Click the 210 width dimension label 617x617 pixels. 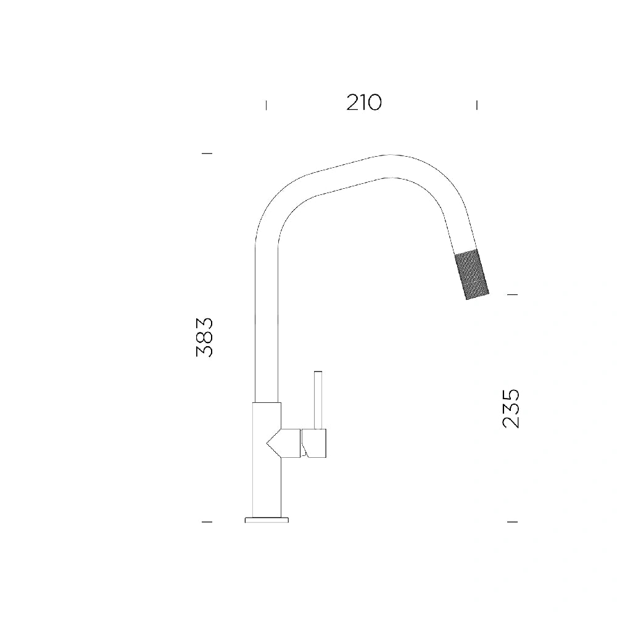pos(364,102)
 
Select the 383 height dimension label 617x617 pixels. pos(205,337)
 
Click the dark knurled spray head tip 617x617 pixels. pos(471,275)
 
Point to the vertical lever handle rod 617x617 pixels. pos(318,400)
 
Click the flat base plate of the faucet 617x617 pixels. pos(267,520)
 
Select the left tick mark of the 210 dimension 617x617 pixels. pos(267,105)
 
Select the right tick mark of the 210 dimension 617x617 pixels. pos(477,105)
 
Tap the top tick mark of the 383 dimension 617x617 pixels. pos(207,153)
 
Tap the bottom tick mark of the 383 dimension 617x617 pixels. pos(207,522)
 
